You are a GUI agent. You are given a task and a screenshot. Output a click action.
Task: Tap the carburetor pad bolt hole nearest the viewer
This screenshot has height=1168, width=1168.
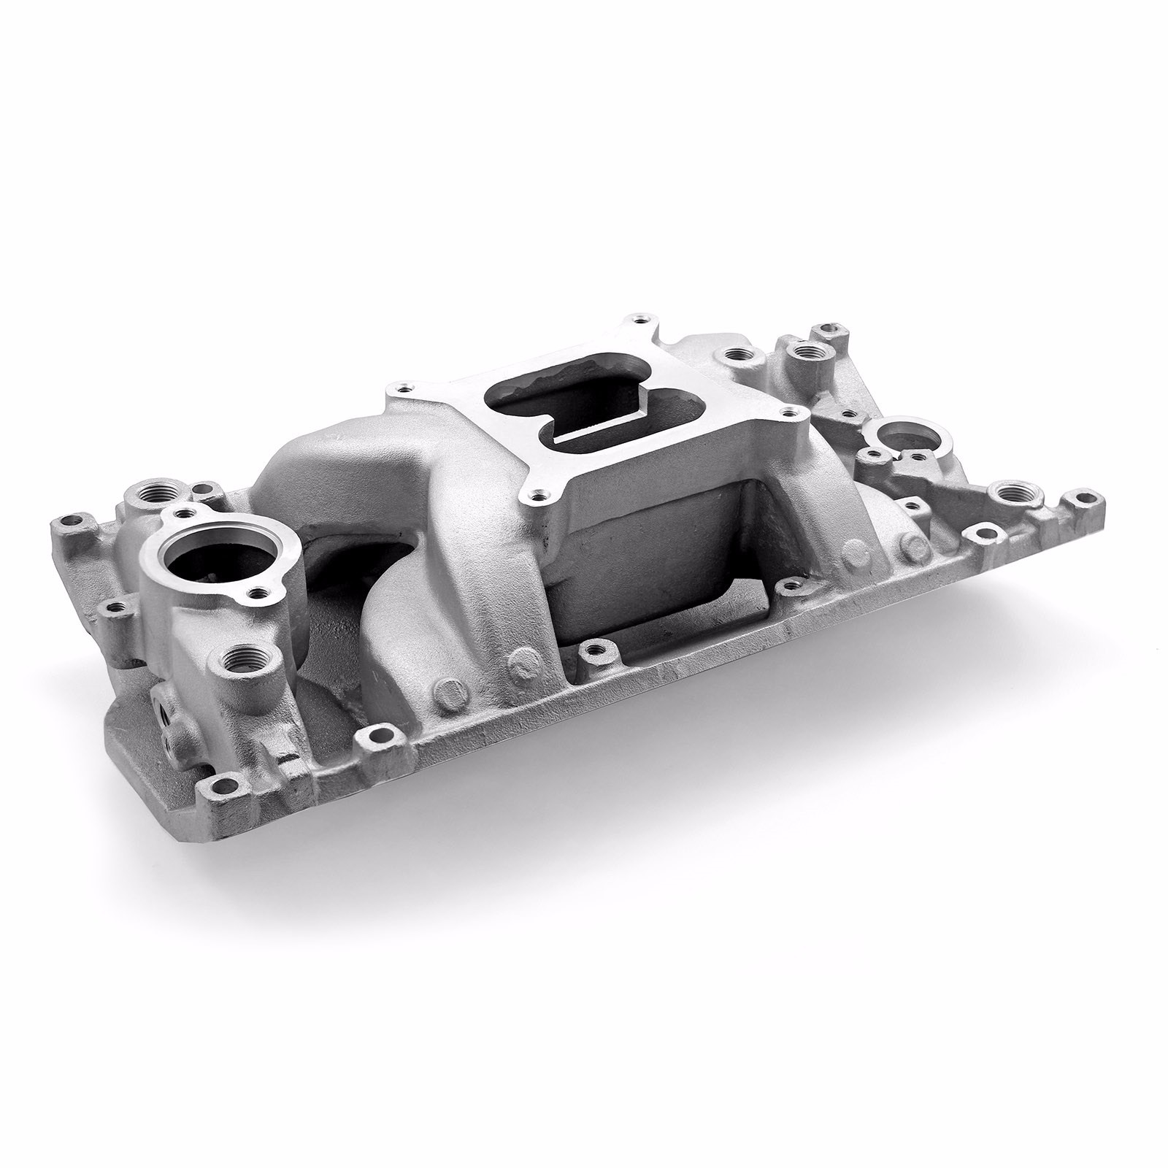pos(539,496)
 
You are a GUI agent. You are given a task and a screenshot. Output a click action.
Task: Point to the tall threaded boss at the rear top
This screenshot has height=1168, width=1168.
pos(807,353)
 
